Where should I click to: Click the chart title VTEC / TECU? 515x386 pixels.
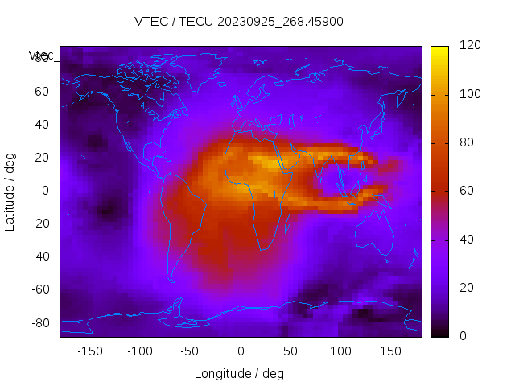click(239, 22)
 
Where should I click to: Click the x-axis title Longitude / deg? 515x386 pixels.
click(239, 373)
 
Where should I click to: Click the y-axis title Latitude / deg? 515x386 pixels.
click(10, 190)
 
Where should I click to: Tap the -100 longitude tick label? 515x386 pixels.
click(140, 351)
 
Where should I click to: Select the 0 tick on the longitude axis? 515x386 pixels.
click(240, 351)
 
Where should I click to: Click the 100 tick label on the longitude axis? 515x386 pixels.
click(340, 351)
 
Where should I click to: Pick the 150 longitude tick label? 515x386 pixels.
click(390, 351)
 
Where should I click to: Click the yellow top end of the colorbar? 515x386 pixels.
click(439, 51)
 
